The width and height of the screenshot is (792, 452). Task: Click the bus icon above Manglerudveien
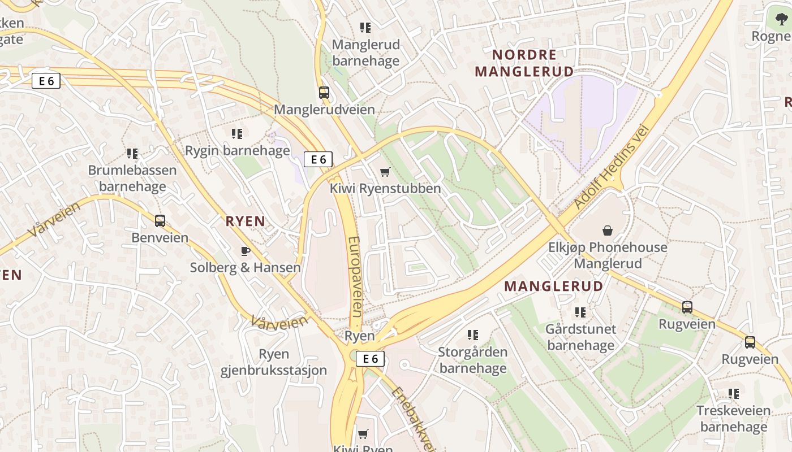[324, 93]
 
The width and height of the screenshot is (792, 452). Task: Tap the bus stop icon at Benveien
[160, 221]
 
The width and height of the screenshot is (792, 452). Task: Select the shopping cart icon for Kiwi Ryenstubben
[385, 172]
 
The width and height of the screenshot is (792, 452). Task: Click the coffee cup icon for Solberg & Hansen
[245, 251]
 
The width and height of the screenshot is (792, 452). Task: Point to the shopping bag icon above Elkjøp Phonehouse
[608, 231]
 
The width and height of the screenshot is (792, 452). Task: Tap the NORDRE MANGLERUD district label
[524, 63]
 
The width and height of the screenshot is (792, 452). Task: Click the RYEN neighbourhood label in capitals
[246, 221]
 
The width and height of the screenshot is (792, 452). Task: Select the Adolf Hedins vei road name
[610, 167]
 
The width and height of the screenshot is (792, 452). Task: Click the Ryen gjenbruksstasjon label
[274, 362]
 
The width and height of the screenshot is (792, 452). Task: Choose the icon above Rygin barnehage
[237, 134]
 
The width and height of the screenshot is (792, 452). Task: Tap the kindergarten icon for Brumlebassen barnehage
[132, 153]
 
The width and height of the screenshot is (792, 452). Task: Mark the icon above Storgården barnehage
[473, 335]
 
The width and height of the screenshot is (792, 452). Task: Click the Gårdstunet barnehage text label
[580, 337]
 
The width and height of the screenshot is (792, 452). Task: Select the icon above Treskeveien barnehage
[734, 393]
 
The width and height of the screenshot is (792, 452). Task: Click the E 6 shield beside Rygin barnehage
[318, 159]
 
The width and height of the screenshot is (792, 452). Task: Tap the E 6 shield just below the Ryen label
[370, 358]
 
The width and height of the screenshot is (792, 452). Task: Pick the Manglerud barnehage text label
[365, 53]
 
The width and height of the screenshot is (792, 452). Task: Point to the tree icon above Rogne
[781, 19]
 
